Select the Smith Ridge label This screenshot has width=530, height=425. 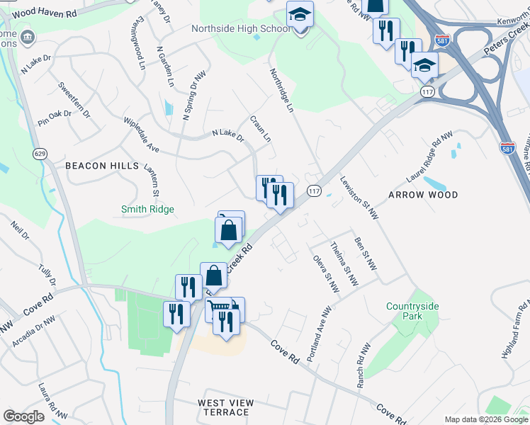tap(147, 209)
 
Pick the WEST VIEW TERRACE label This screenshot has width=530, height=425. tap(223, 407)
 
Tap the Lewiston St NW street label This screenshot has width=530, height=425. tap(359, 198)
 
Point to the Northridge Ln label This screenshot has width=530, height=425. tap(281, 91)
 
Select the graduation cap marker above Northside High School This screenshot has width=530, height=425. tap(300, 15)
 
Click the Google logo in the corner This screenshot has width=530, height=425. tap(23, 416)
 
